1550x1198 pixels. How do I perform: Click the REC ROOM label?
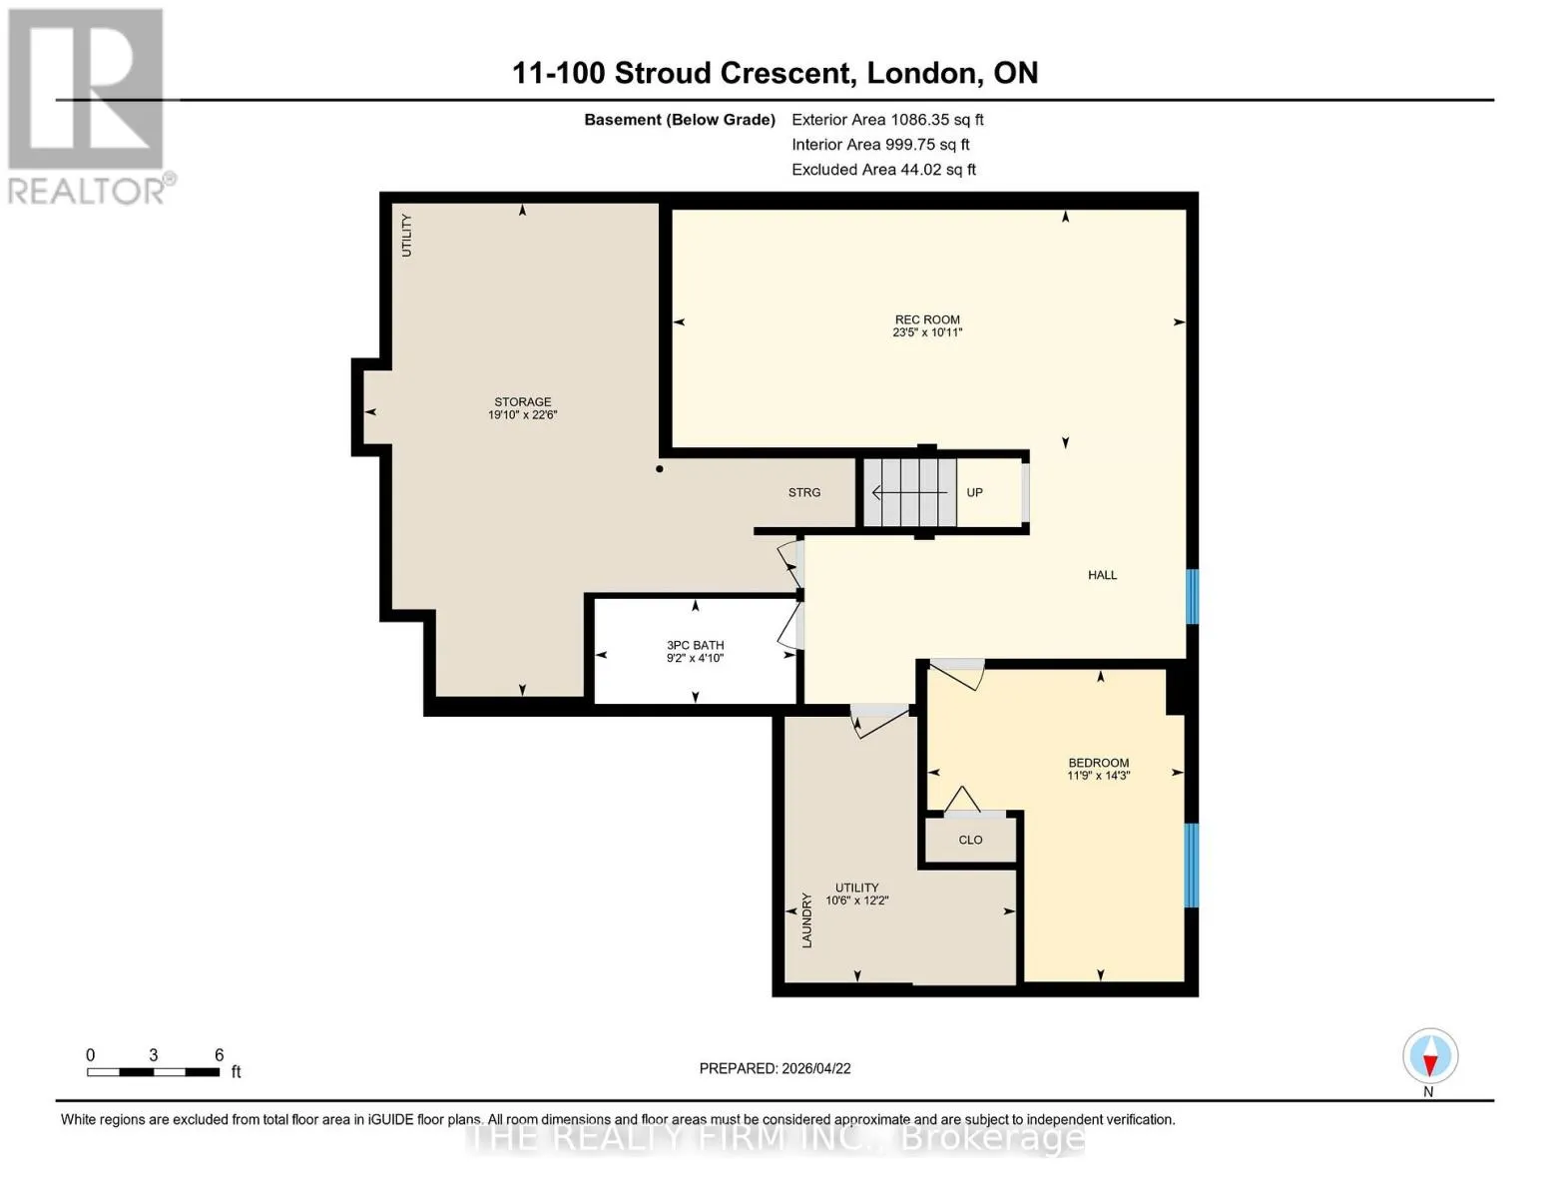pos(927,319)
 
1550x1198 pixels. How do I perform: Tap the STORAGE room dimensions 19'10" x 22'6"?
pos(522,414)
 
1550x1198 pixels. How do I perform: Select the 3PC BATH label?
pos(695,645)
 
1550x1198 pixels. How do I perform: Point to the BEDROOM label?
pos(1099,763)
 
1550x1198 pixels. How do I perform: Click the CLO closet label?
pos(970,840)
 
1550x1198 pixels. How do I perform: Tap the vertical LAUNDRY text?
pos(806,920)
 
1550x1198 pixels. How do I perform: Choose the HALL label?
pos(1102,575)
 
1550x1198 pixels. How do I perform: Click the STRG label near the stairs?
pos(803,492)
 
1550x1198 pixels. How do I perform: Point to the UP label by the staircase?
pos(974,492)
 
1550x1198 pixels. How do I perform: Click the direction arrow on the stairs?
pos(909,492)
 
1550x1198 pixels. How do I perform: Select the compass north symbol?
pos(1430,1056)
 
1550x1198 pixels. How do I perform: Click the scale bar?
pos(154,1071)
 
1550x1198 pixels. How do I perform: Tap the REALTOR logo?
pos(88,107)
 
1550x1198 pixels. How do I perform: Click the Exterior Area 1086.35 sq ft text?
pos(887,120)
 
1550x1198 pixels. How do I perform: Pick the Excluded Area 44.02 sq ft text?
pos(883,170)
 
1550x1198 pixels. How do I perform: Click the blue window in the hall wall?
pos(1192,596)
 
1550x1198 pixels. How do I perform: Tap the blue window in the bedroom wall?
pos(1192,866)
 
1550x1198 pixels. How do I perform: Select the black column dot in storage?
pos(660,469)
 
